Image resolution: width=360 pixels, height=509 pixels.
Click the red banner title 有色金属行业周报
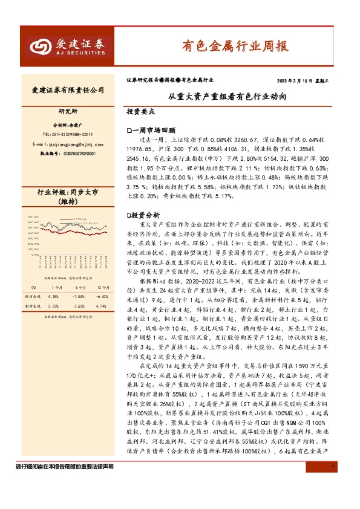point(235,46)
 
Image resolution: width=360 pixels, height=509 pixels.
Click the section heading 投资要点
point(140,112)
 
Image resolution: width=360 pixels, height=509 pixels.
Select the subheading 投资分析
point(145,215)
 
